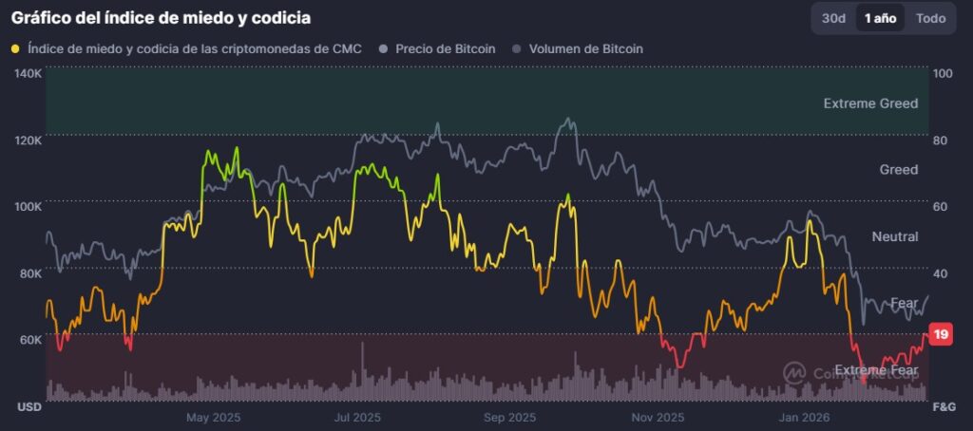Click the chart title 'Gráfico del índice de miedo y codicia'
[161, 17]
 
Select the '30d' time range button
[833, 18]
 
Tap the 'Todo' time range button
[930, 18]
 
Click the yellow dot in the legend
[15, 48]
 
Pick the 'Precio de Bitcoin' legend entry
[437, 48]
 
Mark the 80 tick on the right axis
[942, 140]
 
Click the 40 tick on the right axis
[942, 273]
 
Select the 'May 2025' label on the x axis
[213, 417]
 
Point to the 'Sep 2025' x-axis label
[509, 417]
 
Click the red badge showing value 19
[941, 334]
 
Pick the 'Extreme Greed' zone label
[870, 103]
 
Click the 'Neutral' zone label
[894, 235]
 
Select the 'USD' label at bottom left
[28, 406]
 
